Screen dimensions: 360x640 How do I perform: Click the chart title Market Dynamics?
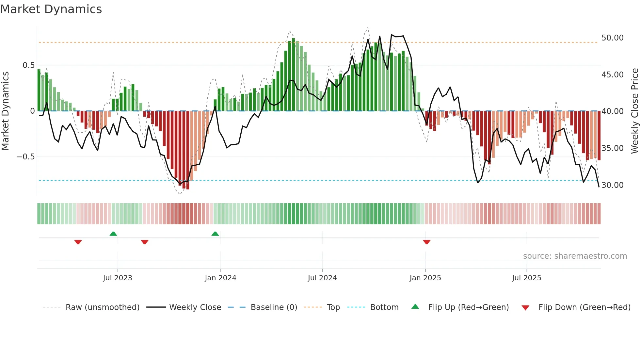click(x=51, y=9)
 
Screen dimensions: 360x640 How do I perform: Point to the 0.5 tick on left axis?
click(x=28, y=65)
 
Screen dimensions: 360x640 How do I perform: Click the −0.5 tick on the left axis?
click(x=25, y=157)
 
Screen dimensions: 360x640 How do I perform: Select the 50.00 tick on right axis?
click(x=612, y=38)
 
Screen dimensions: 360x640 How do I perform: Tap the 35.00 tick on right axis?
click(x=612, y=148)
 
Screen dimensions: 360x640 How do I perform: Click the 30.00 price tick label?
click(x=612, y=185)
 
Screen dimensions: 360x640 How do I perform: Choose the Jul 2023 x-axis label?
click(x=118, y=278)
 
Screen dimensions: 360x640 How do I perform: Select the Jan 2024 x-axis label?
click(x=220, y=278)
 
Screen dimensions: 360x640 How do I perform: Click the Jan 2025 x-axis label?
click(x=425, y=278)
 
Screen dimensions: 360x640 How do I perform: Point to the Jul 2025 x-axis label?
click(x=526, y=278)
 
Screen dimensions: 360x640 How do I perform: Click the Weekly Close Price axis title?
click(x=634, y=111)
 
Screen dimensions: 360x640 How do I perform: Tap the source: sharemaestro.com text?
click(x=575, y=256)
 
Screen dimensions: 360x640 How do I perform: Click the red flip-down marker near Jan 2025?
click(x=426, y=242)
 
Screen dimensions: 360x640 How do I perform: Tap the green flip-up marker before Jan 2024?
click(x=215, y=234)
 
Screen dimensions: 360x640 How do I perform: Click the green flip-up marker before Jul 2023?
click(x=113, y=234)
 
